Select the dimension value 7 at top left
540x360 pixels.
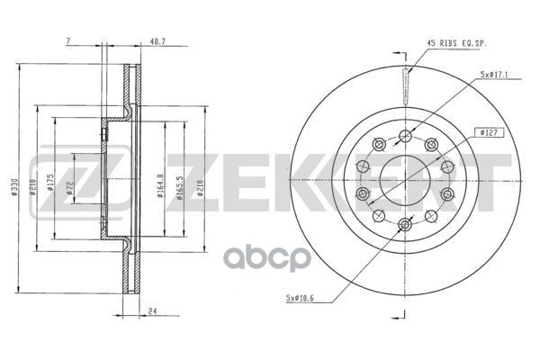68,41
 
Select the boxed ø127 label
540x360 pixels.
490,132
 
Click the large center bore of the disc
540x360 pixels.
404,179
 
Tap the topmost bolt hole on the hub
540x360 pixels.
404,135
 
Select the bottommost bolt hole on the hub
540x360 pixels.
404,224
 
